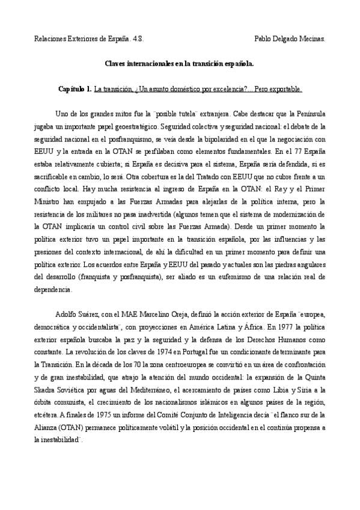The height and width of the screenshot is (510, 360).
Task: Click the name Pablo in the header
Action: [x=264, y=38]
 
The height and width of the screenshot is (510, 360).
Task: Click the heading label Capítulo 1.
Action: [x=75, y=90]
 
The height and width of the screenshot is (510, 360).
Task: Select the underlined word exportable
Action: [x=286, y=90]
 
